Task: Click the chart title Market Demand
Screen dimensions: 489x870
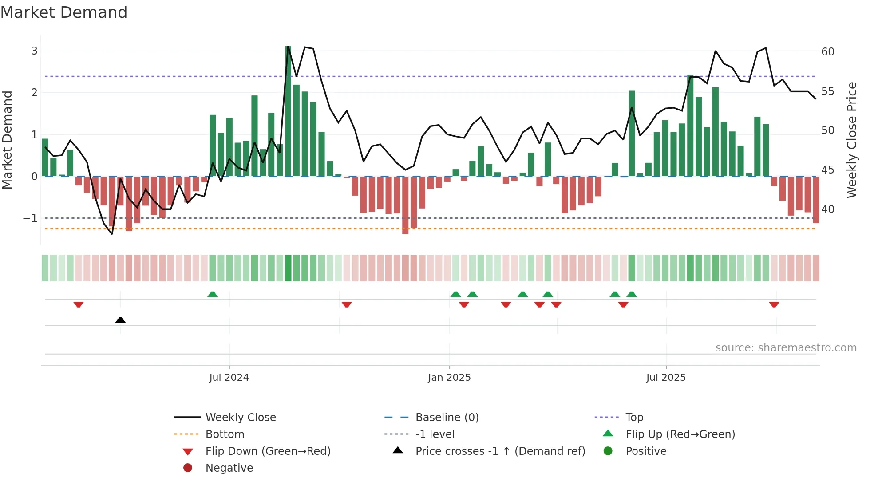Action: click(x=64, y=12)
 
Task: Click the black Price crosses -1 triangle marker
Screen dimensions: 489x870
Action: click(x=120, y=320)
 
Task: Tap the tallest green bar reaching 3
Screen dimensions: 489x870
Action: click(x=288, y=111)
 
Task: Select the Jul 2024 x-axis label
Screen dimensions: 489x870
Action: click(x=229, y=378)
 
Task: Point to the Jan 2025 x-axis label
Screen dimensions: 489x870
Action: click(x=449, y=378)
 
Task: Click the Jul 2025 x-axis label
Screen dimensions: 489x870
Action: click(x=666, y=378)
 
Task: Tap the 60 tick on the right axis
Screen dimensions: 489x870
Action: click(x=828, y=52)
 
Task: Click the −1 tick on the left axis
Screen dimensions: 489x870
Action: click(x=30, y=218)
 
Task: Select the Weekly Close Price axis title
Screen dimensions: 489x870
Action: click(x=851, y=140)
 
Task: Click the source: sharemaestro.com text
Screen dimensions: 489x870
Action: click(x=786, y=348)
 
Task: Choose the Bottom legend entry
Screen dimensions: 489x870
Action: click(x=225, y=434)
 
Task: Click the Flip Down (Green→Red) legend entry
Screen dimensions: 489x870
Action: click(x=268, y=451)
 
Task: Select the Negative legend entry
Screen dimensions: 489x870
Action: click(x=229, y=468)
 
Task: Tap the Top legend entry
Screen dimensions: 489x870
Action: click(x=634, y=418)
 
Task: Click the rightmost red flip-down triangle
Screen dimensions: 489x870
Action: click(x=774, y=304)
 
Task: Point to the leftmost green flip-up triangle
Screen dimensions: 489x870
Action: click(x=213, y=294)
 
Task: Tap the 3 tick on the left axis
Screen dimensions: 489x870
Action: click(x=34, y=51)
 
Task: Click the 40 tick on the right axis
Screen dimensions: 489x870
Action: click(x=828, y=209)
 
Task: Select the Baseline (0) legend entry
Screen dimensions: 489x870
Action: click(x=447, y=418)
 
